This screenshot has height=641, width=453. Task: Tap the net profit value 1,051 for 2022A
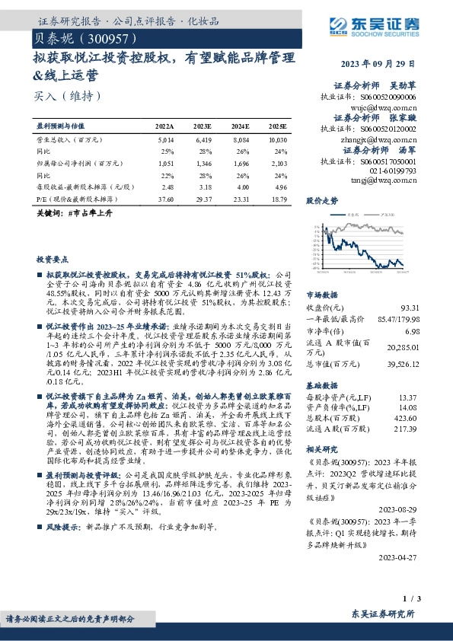tap(164, 162)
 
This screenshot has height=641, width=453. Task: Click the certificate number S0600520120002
tap(389, 129)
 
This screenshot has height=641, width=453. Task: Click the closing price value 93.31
tap(409, 307)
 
